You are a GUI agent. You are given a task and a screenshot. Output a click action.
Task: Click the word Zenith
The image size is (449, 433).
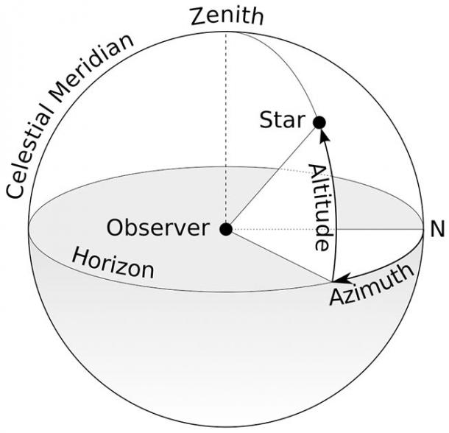tap(226, 15)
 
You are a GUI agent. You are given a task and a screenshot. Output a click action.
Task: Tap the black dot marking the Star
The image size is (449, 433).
tap(319, 122)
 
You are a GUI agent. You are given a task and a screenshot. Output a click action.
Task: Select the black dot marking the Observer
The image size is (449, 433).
tap(226, 229)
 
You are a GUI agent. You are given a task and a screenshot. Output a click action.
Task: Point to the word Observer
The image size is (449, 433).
tap(158, 228)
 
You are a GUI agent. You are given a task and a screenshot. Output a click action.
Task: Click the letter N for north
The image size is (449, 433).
tap(437, 230)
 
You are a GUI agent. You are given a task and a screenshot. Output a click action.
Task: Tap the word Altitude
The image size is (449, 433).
tap(319, 207)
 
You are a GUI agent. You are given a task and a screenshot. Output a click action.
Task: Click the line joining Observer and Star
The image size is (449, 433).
tap(272, 175)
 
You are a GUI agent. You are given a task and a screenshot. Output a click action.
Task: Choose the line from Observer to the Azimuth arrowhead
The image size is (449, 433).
tap(280, 255)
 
